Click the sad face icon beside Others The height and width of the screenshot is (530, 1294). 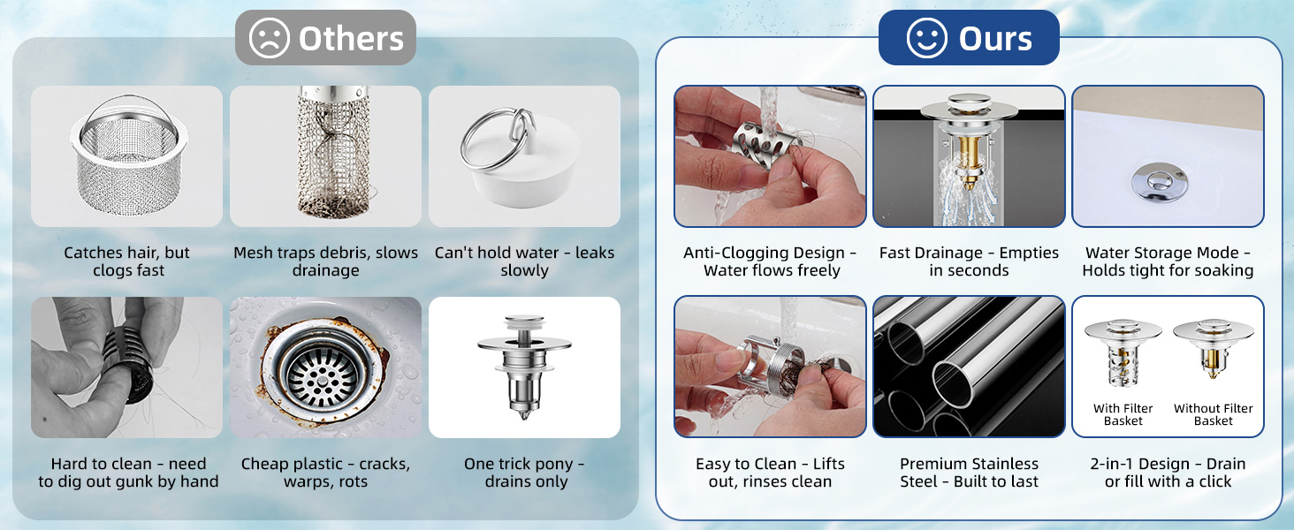[270, 38]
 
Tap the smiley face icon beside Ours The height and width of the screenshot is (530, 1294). [926, 38]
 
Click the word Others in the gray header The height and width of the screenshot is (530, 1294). [351, 39]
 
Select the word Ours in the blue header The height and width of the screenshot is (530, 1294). [995, 39]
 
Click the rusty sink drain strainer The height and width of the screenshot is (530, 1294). [323, 367]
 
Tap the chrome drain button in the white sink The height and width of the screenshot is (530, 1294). [1160, 183]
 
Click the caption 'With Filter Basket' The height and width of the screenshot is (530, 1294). [1123, 414]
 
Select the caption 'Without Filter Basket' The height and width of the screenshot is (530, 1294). [1213, 414]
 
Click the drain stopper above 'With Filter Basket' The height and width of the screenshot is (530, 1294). [1123, 352]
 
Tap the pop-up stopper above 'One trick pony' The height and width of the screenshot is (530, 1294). [524, 366]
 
